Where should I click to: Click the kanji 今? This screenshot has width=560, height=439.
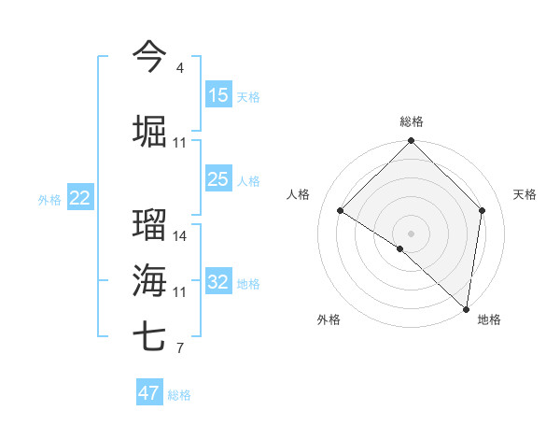[149, 55]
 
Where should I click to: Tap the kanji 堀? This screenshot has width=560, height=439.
[149, 132]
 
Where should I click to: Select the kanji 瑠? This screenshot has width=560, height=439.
[149, 224]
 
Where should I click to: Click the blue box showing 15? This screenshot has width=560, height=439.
[218, 95]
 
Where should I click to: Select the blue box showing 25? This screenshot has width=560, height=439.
[218, 179]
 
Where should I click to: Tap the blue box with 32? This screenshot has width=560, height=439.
[218, 282]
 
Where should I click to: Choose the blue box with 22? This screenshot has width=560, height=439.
[80, 198]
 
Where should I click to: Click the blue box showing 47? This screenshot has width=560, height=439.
[149, 393]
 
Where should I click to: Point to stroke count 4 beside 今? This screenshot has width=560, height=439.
[180, 68]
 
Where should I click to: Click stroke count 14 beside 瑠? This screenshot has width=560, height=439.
[180, 236]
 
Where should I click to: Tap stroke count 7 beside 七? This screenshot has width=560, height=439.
[180, 349]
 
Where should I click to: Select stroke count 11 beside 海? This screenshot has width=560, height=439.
[180, 292]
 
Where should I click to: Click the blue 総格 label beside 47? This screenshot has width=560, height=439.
[179, 395]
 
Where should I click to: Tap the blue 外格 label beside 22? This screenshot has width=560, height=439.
[49, 199]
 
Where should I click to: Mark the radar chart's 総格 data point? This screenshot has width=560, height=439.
[411, 141]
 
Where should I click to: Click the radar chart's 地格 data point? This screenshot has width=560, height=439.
[466, 308]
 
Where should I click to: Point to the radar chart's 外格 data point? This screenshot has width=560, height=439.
[400, 248]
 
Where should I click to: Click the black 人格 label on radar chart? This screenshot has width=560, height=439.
[299, 194]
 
